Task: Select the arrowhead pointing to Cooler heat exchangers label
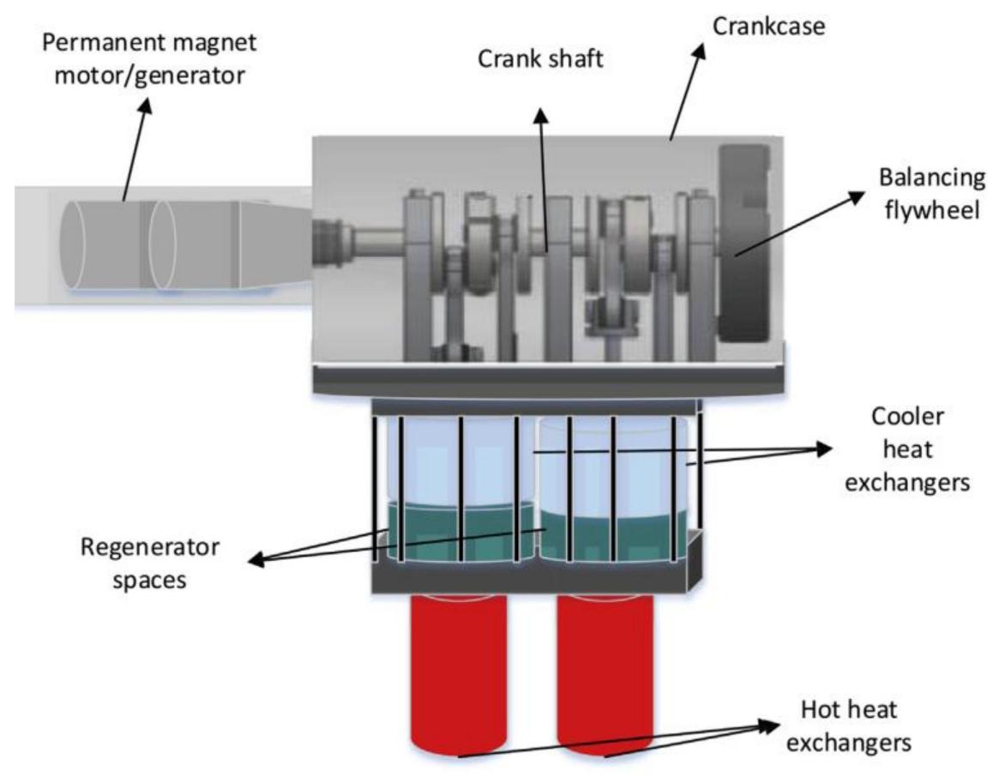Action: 823,448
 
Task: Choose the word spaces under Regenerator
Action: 153,580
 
